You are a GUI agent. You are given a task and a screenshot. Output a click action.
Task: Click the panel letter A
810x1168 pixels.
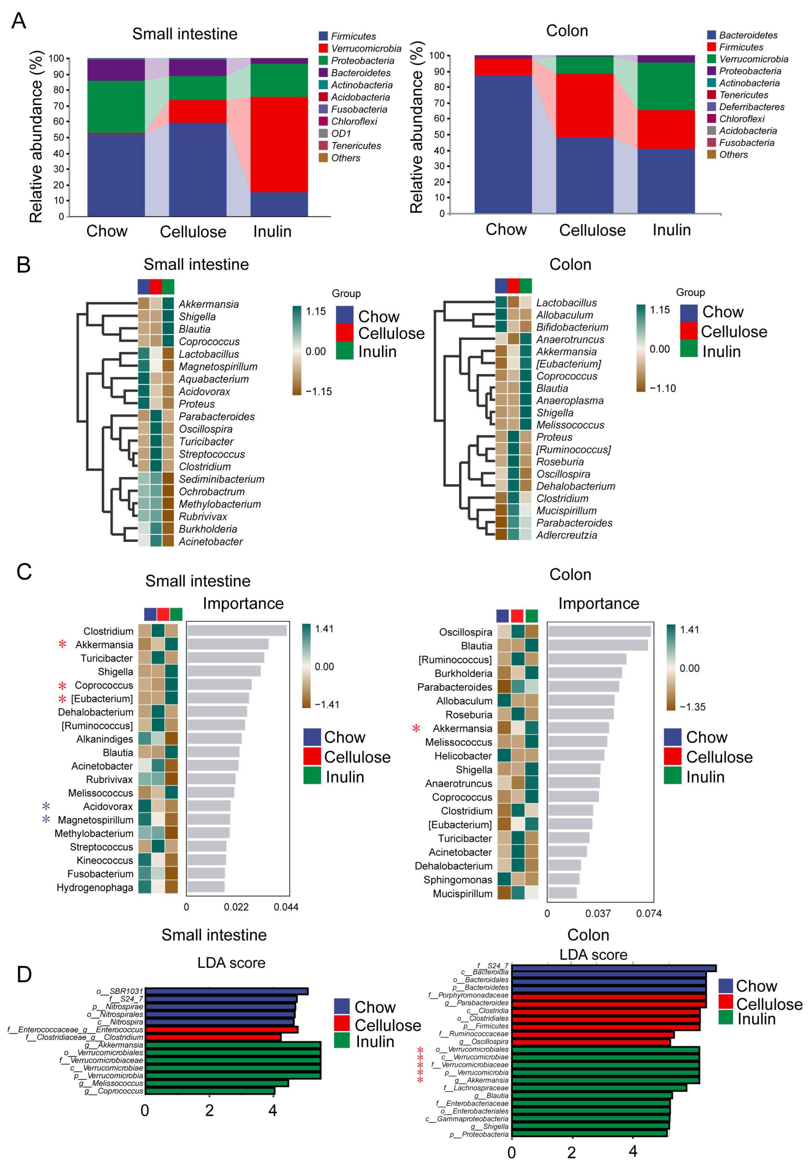point(18,21)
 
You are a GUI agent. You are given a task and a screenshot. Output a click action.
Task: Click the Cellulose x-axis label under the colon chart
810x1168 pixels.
point(592,230)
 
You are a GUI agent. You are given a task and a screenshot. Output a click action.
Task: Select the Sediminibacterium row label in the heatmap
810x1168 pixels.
point(221,479)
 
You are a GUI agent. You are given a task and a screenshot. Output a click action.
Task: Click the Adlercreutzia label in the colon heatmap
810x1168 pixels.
point(567,535)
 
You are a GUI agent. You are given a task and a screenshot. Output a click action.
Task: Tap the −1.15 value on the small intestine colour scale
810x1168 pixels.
point(318,391)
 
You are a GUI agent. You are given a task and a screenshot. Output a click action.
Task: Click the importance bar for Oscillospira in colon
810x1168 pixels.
point(599,632)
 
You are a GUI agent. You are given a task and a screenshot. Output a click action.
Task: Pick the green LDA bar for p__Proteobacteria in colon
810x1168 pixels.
point(589,1134)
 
